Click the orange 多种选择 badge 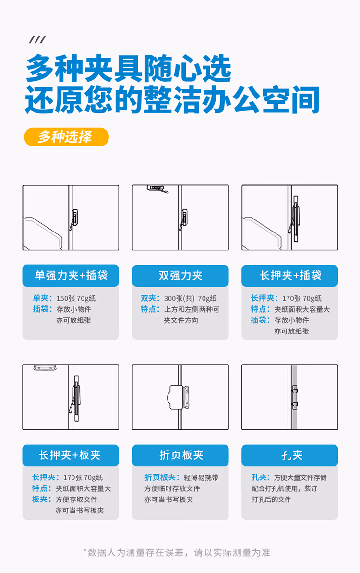click(66, 137)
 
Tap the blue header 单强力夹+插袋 click(71, 275)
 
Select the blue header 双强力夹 click(180, 275)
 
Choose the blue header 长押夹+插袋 click(290, 275)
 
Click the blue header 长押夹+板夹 click(71, 455)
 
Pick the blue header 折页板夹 click(180, 455)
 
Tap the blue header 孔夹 click(290, 455)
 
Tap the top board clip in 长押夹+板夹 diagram click(45, 368)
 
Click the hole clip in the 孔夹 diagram click(294, 394)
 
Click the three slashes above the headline click(37, 40)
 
